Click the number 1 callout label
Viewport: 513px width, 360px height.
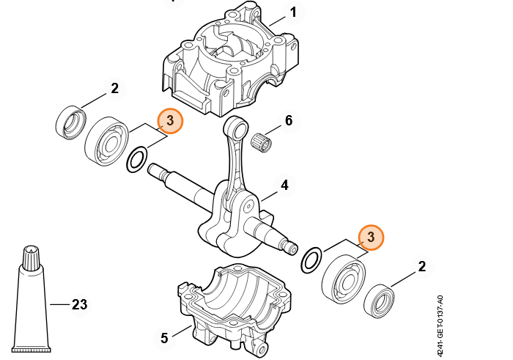click(x=293, y=12)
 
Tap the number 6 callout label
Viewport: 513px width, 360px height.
click(x=289, y=120)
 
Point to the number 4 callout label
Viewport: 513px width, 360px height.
click(x=284, y=185)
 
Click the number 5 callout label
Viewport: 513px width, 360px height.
click(x=164, y=338)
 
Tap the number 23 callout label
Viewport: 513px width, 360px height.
click(x=79, y=305)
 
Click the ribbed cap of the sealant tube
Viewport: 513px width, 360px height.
click(x=32, y=257)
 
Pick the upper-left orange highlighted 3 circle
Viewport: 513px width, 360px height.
click(x=170, y=121)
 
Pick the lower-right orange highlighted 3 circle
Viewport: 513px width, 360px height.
click(x=371, y=238)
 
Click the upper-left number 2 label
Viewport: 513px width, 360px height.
click(x=114, y=89)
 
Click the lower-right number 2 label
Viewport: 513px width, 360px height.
click(x=422, y=266)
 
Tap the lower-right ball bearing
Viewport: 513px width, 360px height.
click(x=344, y=279)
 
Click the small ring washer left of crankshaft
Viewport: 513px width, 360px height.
click(x=136, y=160)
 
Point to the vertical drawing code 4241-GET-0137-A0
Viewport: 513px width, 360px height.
click(x=440, y=326)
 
